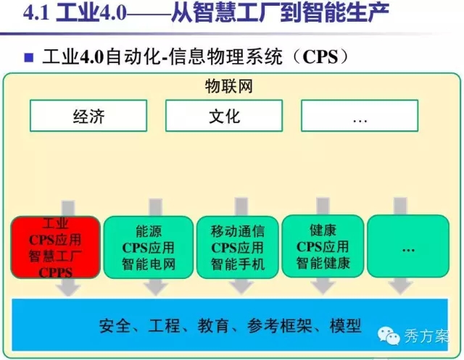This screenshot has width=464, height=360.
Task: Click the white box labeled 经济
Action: [x=88, y=116]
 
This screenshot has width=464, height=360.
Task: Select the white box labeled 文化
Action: [x=224, y=116]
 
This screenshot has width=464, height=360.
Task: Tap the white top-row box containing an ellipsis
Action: [x=360, y=116]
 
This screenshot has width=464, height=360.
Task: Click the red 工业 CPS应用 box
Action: [x=56, y=248]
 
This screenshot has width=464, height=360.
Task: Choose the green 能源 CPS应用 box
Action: [x=149, y=248]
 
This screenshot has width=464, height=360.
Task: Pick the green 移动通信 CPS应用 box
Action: [x=238, y=248]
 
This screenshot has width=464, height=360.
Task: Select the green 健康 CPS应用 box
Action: [x=323, y=246]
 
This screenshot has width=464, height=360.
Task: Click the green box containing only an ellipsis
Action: [x=408, y=246]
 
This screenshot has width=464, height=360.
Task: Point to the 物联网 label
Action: [x=229, y=87]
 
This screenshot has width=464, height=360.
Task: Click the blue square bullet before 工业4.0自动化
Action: [x=29, y=57]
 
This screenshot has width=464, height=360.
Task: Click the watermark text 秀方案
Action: [x=426, y=336]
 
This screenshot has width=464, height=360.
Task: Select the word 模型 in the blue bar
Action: [x=345, y=326]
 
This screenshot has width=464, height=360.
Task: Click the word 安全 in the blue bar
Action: [x=115, y=326]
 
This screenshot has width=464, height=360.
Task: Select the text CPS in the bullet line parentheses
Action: [x=320, y=56]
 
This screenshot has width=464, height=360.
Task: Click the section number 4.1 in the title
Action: [x=36, y=13]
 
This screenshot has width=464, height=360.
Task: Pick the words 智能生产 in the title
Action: [x=346, y=12]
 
